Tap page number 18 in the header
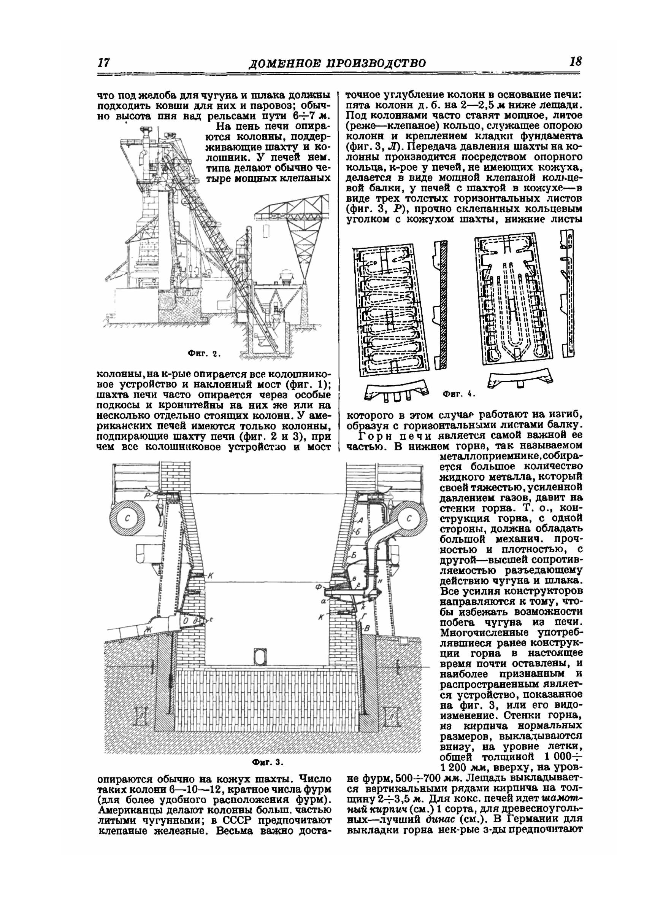[x=575, y=62]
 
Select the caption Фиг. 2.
[x=204, y=354]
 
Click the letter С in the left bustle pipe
[x=128, y=518]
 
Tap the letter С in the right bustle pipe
[x=409, y=518]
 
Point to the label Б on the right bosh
[x=353, y=556]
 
